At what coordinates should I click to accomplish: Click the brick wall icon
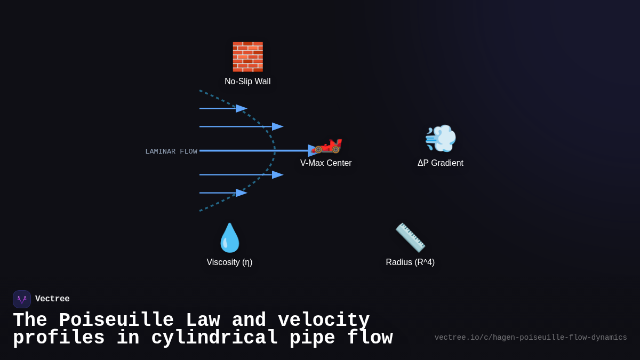pos(247,57)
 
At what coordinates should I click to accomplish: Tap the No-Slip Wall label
pos(247,82)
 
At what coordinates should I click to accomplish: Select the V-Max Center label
pos(326,163)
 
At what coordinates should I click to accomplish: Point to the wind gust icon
pos(441,138)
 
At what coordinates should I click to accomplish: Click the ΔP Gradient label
pos(441,163)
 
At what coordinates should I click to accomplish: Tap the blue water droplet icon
pos(230,238)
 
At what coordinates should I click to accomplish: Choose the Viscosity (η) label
pos(229,262)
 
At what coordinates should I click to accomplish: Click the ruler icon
pos(410,238)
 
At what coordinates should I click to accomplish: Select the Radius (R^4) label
pos(410,262)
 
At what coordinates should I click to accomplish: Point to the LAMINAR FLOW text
pos(171,151)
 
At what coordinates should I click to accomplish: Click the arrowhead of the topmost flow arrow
pos(242,108)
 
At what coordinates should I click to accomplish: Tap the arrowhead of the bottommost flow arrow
pos(242,193)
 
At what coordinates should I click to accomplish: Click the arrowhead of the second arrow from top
pos(277,126)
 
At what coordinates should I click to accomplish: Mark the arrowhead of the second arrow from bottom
pos(277,174)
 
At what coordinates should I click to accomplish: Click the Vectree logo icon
pos(22,299)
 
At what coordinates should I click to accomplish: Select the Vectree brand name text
pos(52,299)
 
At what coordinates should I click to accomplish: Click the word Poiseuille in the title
pos(116,320)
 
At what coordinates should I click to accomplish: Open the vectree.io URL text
pos(531,338)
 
